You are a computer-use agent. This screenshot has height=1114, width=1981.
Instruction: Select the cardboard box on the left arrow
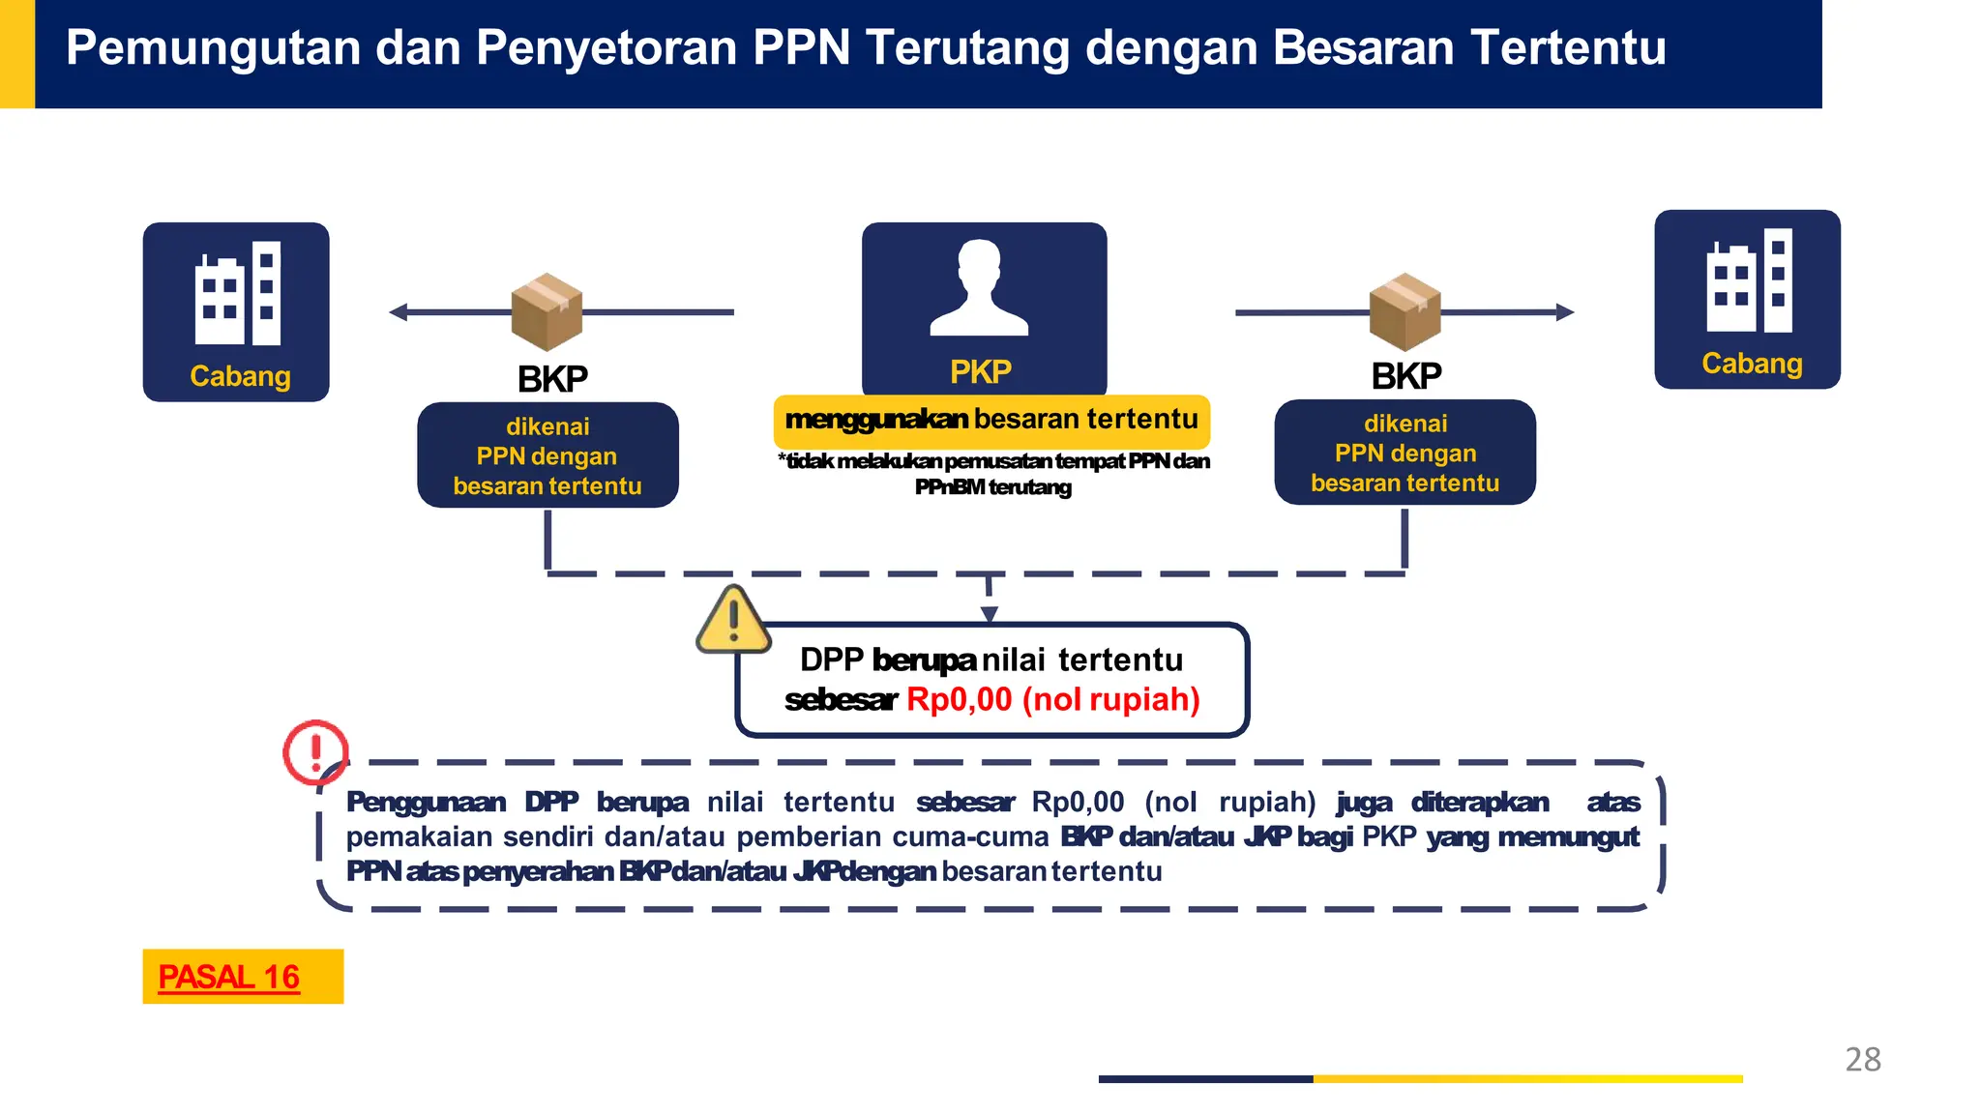tap(547, 311)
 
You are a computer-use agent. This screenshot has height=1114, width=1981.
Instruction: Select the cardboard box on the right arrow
tap(1404, 311)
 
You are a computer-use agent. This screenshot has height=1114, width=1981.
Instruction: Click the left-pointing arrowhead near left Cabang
tap(398, 311)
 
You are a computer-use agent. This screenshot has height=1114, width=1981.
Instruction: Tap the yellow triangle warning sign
tap(733, 621)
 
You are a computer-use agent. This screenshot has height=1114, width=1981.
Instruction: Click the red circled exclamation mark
tap(314, 750)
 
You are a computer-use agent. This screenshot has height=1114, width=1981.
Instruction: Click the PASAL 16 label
tap(229, 977)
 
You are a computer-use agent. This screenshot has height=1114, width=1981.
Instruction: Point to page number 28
tap(1863, 1060)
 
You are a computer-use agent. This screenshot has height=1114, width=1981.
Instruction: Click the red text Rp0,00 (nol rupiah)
tap(1052, 699)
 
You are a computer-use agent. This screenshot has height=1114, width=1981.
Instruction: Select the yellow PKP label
tap(981, 371)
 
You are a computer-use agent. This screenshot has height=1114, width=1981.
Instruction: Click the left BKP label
tap(552, 379)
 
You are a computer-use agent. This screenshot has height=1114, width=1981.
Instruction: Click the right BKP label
tap(1406, 376)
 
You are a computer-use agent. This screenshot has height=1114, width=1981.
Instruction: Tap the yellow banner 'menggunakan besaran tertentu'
tap(991, 420)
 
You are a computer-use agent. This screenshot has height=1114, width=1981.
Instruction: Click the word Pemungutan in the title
tap(213, 48)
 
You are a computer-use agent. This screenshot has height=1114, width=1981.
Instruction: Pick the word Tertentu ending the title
tap(1567, 48)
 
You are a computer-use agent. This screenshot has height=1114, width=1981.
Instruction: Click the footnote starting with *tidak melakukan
tap(993, 474)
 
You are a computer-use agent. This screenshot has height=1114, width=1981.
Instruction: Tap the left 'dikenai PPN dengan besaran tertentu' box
tap(547, 455)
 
